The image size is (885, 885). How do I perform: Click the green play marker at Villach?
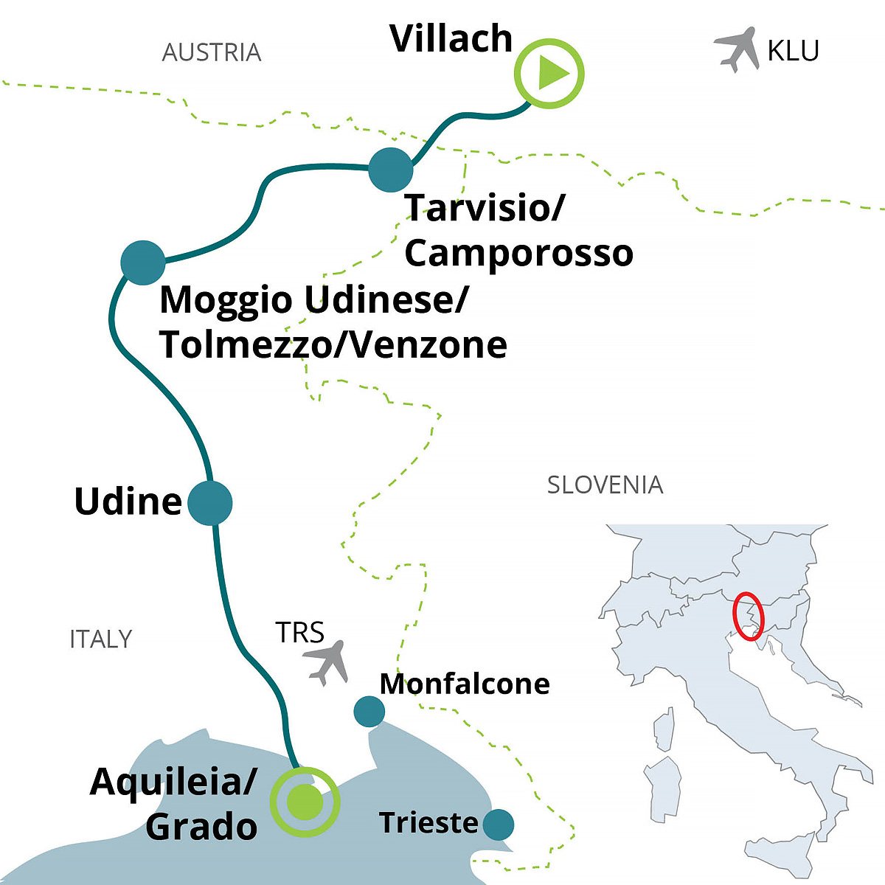point(549,74)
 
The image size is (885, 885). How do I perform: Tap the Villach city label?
point(451,39)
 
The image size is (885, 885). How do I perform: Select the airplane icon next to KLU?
point(737,49)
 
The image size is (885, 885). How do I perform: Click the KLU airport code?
point(793,51)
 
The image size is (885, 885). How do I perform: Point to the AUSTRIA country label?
point(212,52)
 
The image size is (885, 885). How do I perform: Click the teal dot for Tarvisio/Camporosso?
point(390,170)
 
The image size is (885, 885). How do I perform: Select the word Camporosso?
point(518,253)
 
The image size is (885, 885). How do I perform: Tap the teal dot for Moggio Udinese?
point(142,263)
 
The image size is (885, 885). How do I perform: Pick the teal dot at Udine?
point(210,503)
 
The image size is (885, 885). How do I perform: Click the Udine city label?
point(128,502)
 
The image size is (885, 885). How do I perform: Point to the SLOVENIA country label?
point(605,485)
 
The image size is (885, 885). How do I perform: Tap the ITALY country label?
point(101,639)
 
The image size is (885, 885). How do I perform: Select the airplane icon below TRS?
point(325,662)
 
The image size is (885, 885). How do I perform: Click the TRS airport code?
point(299,633)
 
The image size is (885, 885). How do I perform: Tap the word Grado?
point(201,826)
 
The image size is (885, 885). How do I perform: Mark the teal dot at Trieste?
point(499,824)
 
